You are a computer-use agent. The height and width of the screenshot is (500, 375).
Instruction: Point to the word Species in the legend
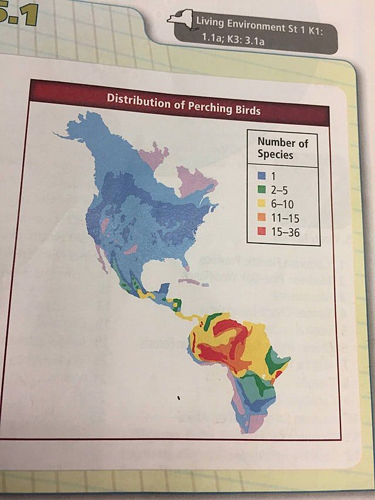pyautogui.click(x=275, y=155)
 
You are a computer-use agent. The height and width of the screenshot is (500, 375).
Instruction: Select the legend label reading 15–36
pyautogui.click(x=285, y=232)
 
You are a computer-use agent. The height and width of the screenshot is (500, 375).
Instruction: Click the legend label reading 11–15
pyautogui.click(x=285, y=218)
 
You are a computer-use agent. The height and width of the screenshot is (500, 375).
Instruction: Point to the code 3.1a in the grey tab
pyautogui.click(x=253, y=42)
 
